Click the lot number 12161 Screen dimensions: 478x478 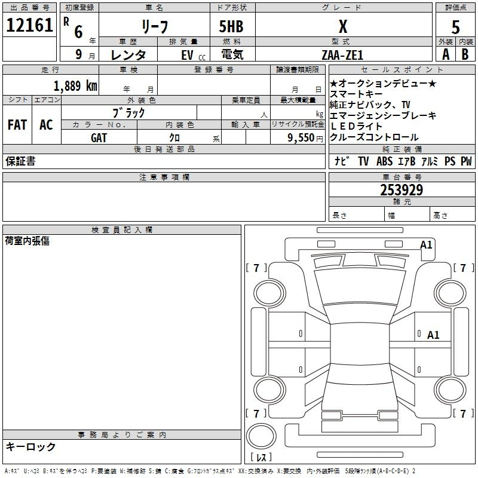point(29,25)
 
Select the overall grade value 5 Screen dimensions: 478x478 point(455,27)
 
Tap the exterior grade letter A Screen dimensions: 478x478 point(446,54)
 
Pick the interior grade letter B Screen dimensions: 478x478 point(465,54)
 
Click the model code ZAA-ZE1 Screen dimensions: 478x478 point(342,55)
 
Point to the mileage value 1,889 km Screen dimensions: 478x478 point(75,86)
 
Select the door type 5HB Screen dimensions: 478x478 point(231,26)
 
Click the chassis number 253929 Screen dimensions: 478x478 point(402,190)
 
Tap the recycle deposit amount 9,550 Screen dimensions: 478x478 point(301,137)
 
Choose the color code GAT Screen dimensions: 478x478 point(99,138)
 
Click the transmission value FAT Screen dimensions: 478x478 point(17,125)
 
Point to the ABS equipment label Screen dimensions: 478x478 point(384,161)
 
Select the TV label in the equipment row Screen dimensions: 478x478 point(363,161)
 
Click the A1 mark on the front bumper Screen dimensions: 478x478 point(426,245)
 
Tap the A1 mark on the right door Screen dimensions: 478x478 point(433,335)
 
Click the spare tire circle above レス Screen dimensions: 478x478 point(261,436)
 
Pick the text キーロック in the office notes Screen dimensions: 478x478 point(30,446)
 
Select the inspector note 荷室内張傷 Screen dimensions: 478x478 point(27,241)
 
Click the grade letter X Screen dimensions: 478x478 point(343,26)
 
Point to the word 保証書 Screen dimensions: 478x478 point(20,161)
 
